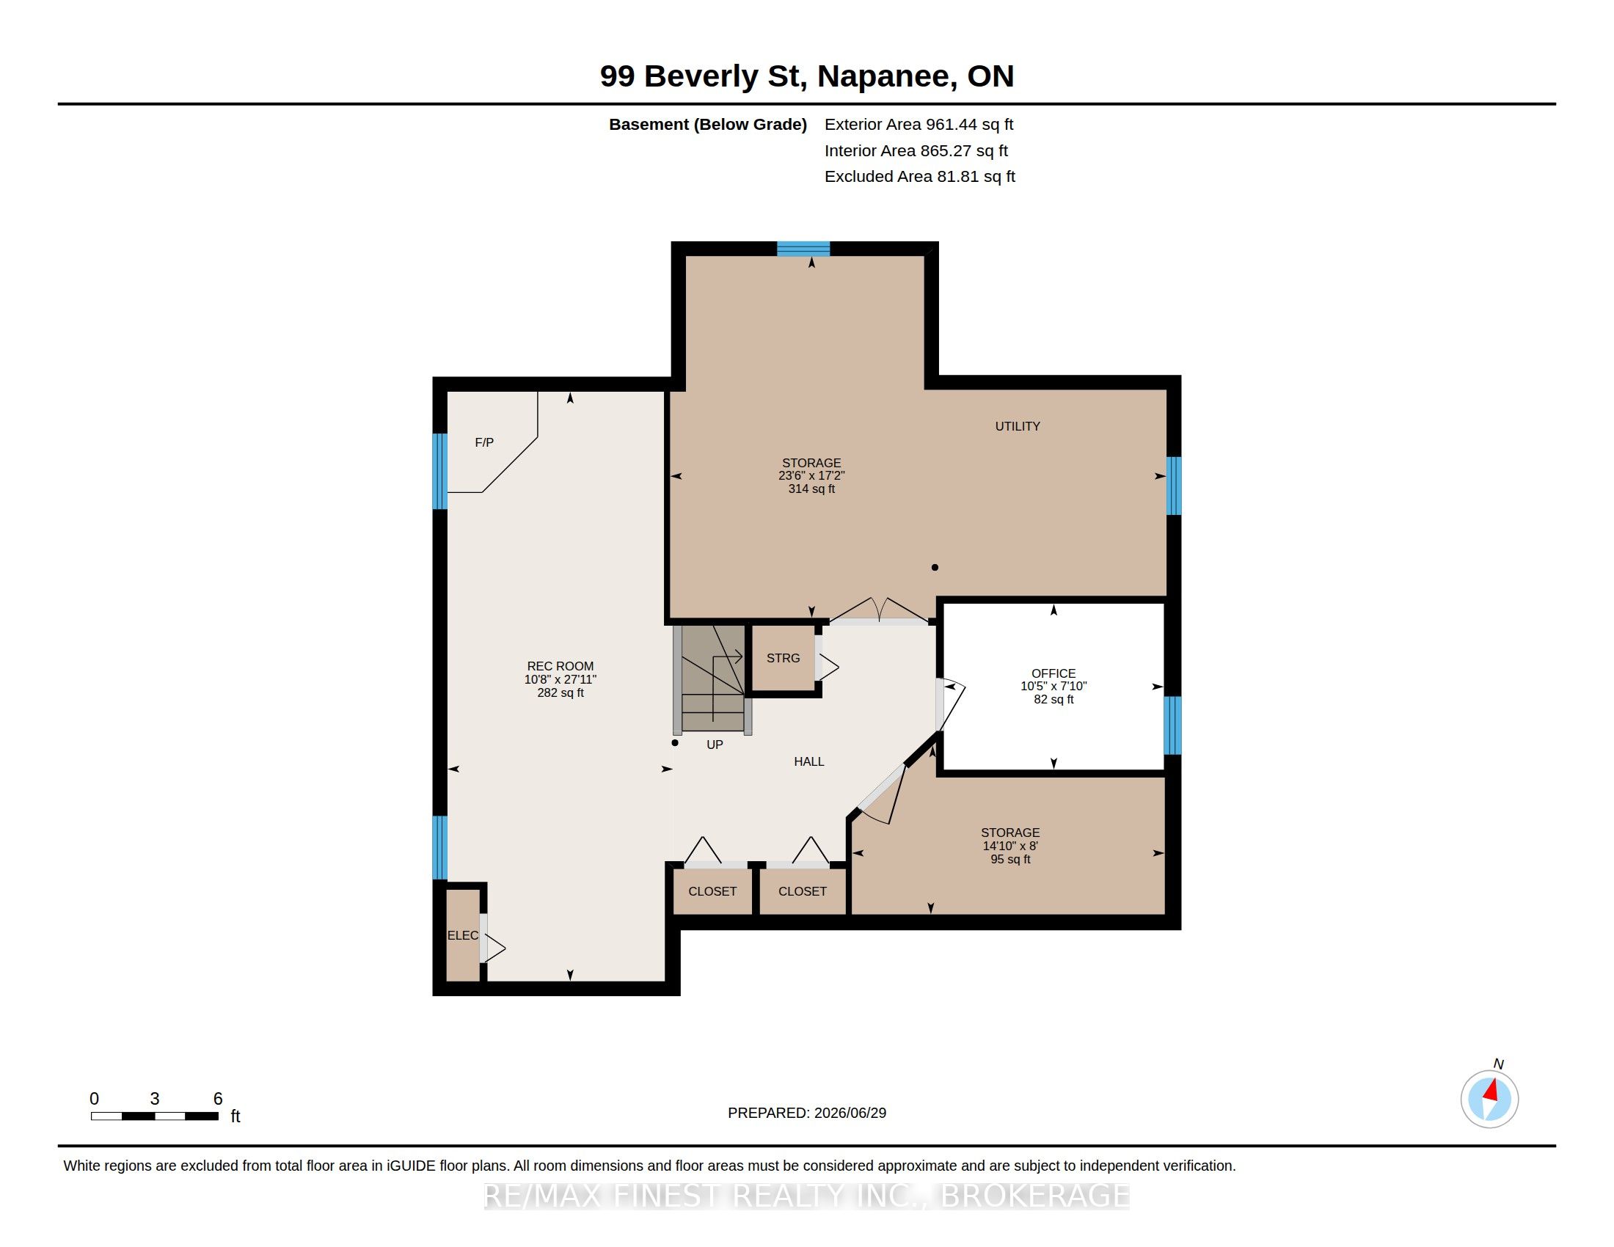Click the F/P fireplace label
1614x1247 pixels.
tap(484, 442)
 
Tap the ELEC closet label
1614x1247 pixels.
tap(463, 935)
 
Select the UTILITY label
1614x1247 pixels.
tap(1017, 426)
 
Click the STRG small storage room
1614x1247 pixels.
tap(783, 658)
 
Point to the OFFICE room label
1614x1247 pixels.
tap(1053, 673)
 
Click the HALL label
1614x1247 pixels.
tap(808, 761)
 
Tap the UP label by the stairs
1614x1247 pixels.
tap(715, 745)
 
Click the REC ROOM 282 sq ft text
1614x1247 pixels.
tap(560, 693)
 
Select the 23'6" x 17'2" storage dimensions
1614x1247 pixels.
tap(811, 476)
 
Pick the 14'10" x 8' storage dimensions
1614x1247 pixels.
tap(1010, 846)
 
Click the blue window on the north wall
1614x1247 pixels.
tap(803, 249)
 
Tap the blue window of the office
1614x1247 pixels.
tap(1172, 725)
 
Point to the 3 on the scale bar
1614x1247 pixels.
tap(155, 1099)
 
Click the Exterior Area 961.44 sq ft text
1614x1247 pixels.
tap(919, 125)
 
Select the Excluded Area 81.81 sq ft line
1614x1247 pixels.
tap(920, 177)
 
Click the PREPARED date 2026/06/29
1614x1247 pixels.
tap(850, 1113)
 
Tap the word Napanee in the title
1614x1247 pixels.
tap(885, 77)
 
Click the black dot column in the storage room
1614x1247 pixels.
tap(935, 567)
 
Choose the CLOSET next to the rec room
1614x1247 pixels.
tap(712, 892)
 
